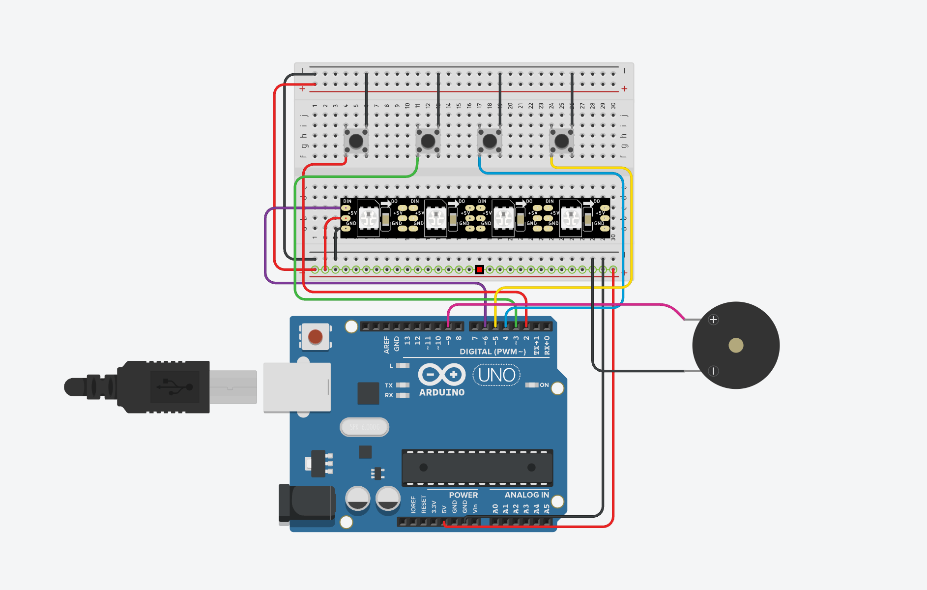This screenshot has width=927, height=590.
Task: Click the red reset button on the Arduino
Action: pos(315,337)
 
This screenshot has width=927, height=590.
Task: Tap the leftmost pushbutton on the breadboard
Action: pos(356,141)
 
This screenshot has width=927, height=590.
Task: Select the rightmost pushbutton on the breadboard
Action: pos(561,141)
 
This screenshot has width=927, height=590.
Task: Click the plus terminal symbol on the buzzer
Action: pos(713,320)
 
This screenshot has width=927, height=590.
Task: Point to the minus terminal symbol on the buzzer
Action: pos(713,371)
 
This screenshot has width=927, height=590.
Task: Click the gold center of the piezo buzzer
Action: pos(736,345)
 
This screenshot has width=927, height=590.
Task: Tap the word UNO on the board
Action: pos(496,375)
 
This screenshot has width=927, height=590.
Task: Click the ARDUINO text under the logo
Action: pos(441,392)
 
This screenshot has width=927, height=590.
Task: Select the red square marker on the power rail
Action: pos(480,269)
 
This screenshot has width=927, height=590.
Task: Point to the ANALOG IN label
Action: pos(526,495)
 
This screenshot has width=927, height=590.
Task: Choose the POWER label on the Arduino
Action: pos(463,495)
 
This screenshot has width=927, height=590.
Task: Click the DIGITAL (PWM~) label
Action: pos(492,352)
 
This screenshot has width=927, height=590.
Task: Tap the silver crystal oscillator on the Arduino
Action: pos(364,427)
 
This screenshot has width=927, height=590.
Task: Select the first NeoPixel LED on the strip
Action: pos(368,218)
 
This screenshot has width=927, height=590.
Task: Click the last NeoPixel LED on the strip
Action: pos(571,218)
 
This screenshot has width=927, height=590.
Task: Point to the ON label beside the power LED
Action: pos(544,385)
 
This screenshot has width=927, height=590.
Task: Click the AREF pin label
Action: pos(386,345)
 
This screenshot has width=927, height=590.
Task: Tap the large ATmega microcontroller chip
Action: pos(477,467)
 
